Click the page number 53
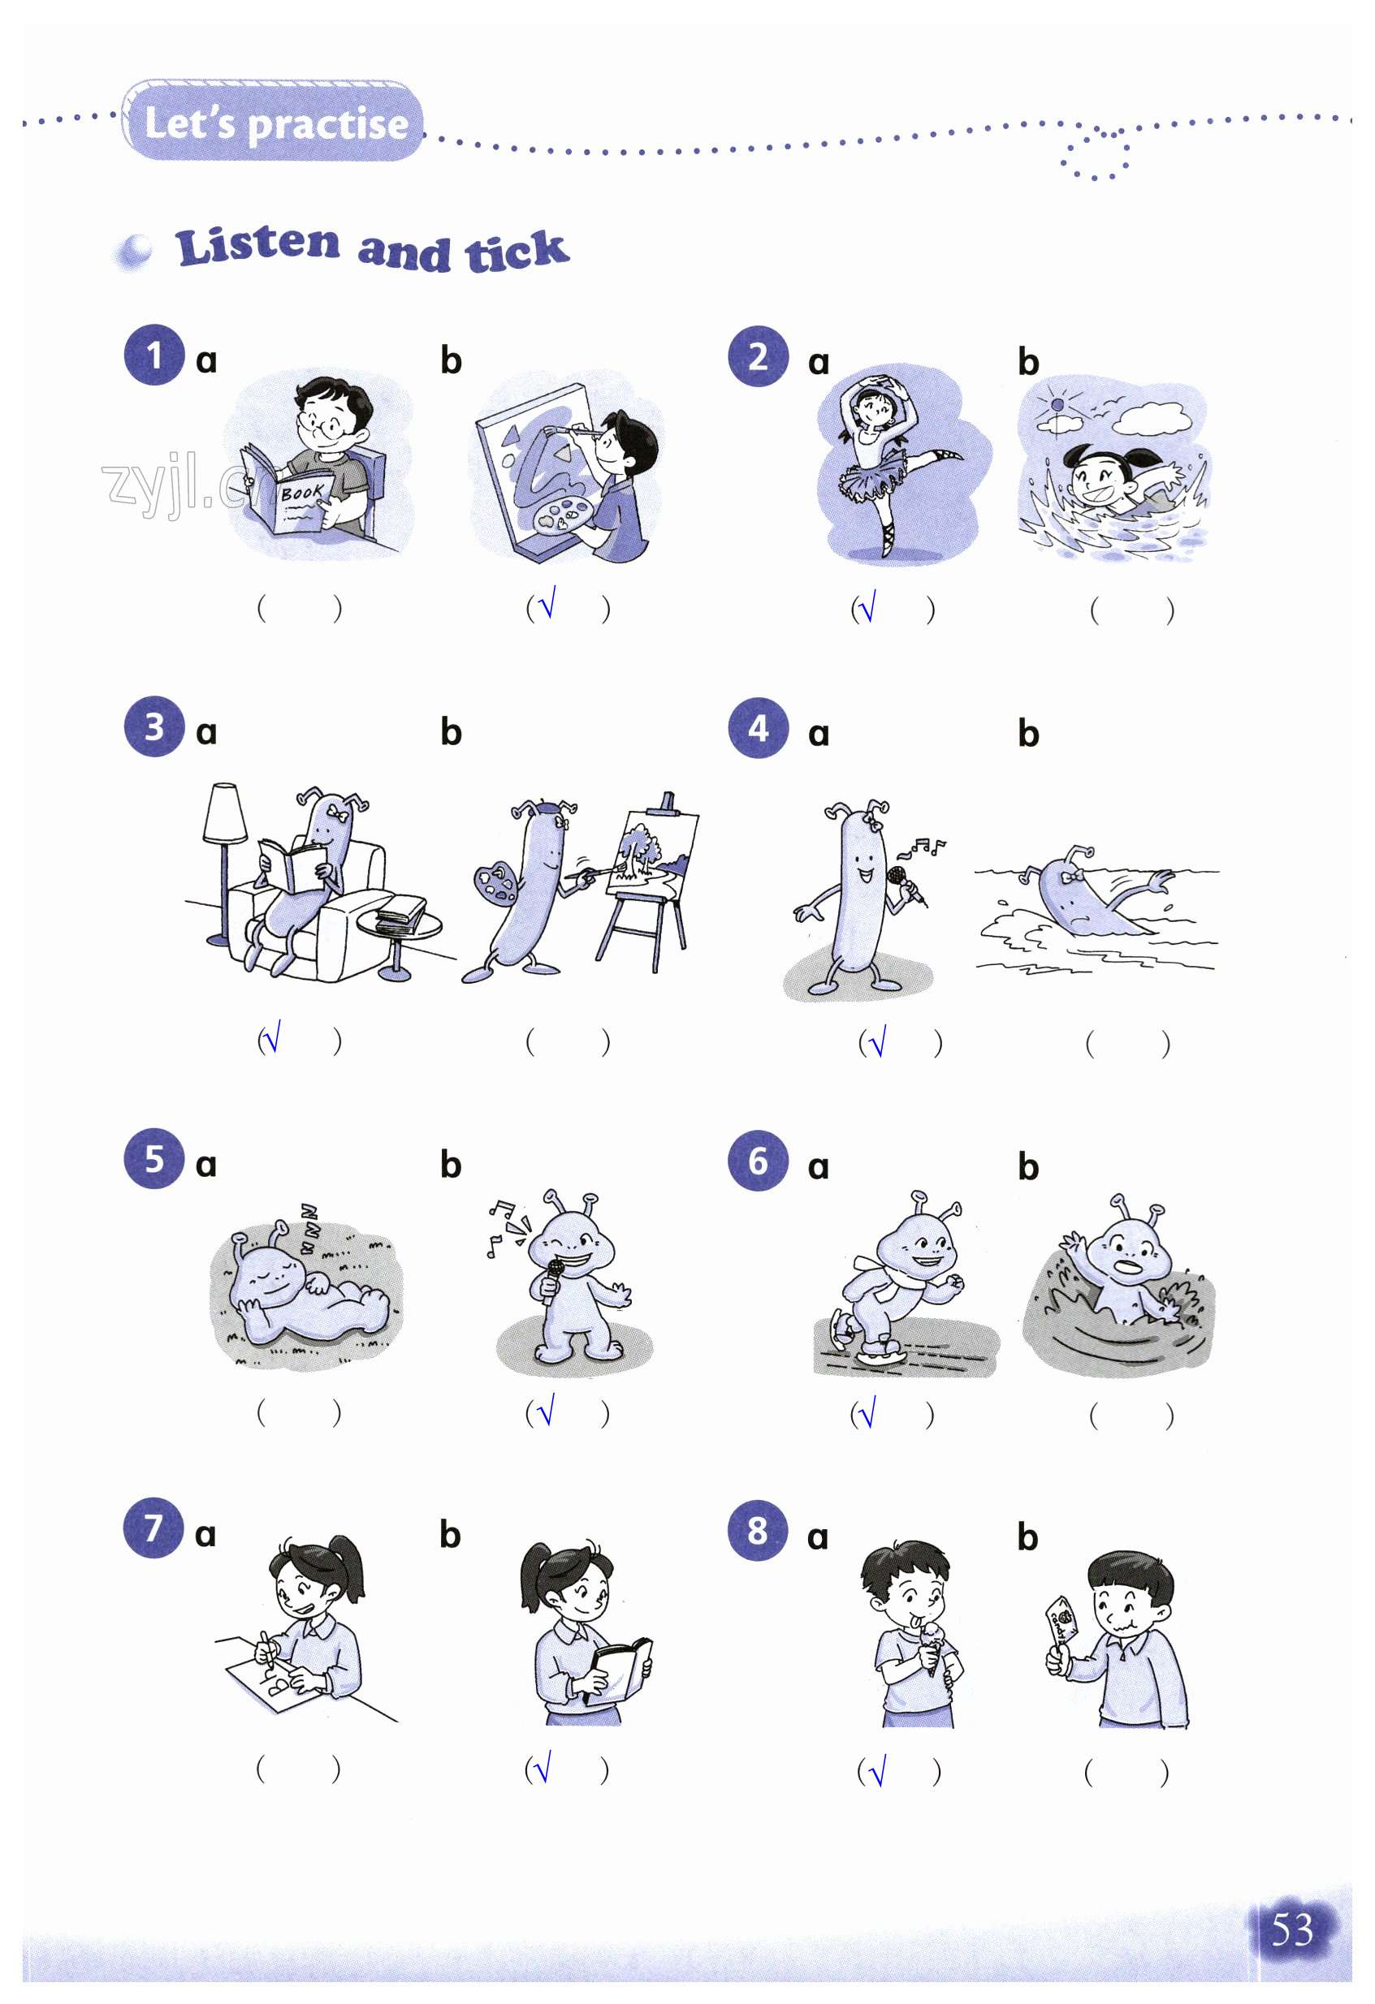(1291, 1929)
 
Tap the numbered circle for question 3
(154, 726)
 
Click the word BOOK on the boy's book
(302, 493)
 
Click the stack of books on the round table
(402, 912)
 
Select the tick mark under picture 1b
(547, 603)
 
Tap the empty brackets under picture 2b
(1131, 610)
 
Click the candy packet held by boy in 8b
(1063, 1620)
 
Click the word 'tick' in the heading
(517, 252)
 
